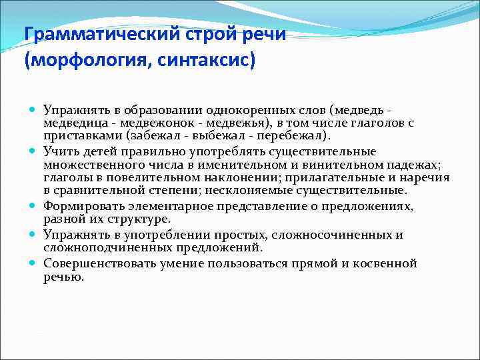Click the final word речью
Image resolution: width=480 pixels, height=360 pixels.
pos(63,276)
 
